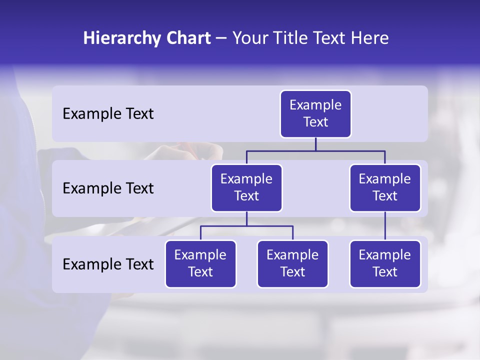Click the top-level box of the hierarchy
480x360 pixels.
(315, 114)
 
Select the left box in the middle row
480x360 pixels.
(246, 188)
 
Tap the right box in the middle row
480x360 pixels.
(385, 188)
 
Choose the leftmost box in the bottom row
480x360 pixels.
(200, 264)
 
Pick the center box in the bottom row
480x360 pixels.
(292, 264)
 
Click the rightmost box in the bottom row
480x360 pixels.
(385, 264)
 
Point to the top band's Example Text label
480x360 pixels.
(108, 114)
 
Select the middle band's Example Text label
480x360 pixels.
(108, 188)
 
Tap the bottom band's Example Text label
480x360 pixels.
(108, 264)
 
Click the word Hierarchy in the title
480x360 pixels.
(122, 38)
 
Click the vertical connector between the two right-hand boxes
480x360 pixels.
(385, 226)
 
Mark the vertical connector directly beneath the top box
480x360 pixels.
(315, 144)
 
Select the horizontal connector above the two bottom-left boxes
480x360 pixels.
(246, 226)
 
